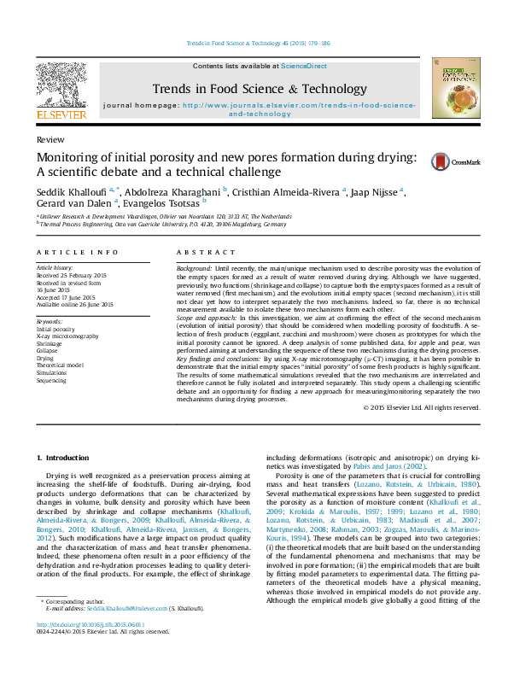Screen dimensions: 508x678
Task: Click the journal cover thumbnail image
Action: click(x=451, y=87)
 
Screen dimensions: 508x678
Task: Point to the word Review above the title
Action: click(x=49, y=138)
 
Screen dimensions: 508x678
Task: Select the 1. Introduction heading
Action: click(x=67, y=457)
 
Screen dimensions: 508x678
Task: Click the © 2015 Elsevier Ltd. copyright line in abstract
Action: click(x=422, y=407)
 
